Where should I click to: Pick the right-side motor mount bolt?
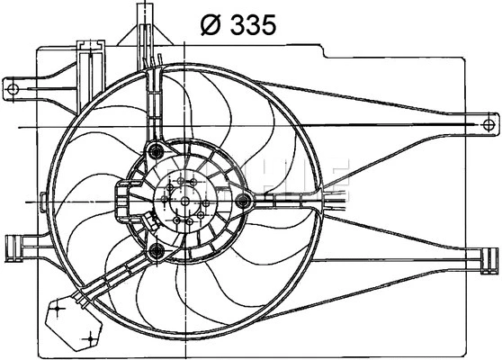pyautogui.click(x=242, y=202)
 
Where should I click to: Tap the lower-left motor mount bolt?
pyautogui.click(x=157, y=250)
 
